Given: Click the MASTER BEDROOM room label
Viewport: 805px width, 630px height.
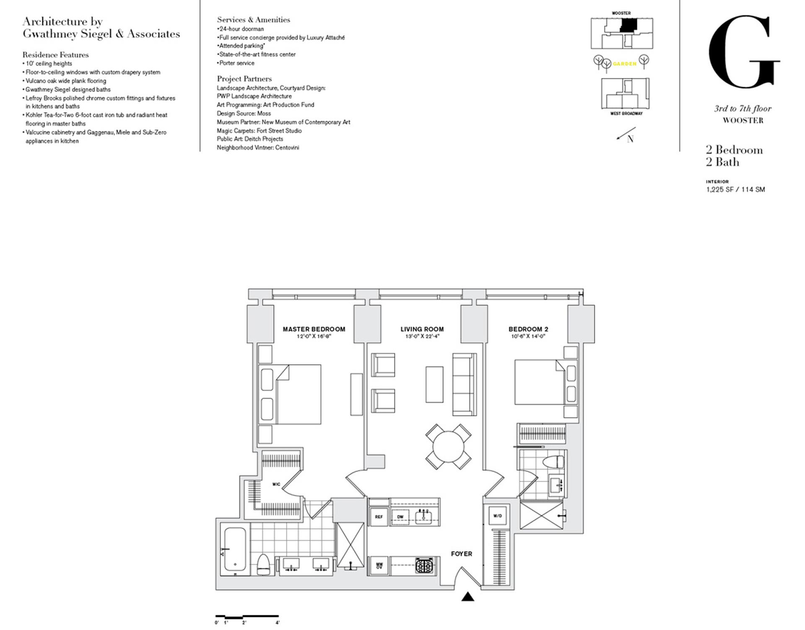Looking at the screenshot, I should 314,329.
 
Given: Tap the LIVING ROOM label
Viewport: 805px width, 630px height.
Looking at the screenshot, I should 422,329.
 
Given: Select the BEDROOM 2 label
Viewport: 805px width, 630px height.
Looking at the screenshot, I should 528,329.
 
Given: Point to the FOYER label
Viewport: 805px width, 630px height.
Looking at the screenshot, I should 461,554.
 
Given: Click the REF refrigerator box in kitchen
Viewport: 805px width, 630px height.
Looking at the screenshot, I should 379,517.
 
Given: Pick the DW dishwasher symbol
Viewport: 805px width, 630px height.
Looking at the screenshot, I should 400,517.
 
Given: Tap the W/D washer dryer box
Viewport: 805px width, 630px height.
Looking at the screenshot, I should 497,516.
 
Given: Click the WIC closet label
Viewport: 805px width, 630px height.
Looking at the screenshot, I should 276,484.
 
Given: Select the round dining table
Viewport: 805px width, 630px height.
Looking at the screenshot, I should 448,447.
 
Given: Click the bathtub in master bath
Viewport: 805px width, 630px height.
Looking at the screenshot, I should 235,548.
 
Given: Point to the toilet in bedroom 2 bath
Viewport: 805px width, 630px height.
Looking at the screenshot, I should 553,462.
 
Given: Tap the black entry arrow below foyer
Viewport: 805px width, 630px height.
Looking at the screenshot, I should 467,597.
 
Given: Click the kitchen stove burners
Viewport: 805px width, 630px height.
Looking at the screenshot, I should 424,566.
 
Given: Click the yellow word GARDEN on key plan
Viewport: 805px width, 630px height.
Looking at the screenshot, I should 624,64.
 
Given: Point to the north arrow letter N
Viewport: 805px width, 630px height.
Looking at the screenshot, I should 630,139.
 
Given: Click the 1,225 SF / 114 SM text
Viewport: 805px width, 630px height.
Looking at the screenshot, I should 735,189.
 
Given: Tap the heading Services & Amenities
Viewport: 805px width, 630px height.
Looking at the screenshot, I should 253,20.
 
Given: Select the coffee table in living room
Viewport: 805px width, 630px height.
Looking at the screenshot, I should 434,385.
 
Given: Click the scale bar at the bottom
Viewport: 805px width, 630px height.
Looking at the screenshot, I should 247,616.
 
